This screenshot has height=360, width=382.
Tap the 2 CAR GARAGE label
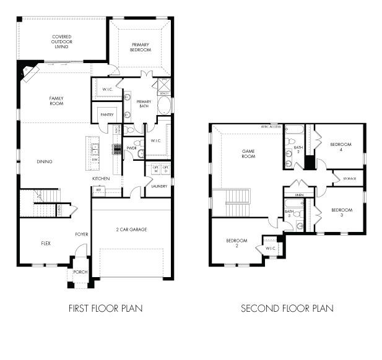(131, 229)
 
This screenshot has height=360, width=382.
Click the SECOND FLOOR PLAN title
(287, 308)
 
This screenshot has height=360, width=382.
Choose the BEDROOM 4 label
(341, 147)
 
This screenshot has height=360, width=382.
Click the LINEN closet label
(299, 195)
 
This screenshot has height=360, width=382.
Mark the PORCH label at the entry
(80, 272)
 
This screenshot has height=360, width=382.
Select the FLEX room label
(45, 243)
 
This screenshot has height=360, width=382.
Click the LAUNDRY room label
(158, 186)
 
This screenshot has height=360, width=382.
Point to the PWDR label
(131, 148)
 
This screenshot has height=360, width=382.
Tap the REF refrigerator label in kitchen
(98, 190)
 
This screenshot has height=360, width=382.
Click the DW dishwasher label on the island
(94, 159)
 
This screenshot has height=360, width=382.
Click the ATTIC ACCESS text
(271, 126)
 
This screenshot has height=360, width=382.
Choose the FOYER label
(81, 234)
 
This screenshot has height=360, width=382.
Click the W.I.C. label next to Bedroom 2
(271, 249)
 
